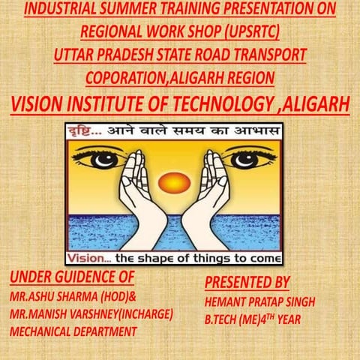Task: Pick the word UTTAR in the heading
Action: click(x=75, y=55)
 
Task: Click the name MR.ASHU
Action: click(x=32, y=294)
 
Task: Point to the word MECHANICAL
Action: click(x=41, y=329)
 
